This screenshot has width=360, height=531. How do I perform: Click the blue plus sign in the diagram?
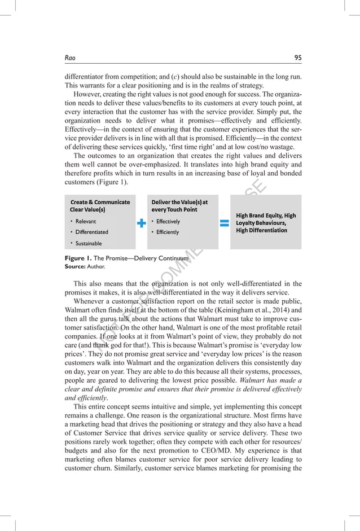142,223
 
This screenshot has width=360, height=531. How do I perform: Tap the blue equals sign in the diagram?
224,223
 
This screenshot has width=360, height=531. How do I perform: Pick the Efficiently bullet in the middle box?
167,232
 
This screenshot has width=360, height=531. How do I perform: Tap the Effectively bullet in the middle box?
168,221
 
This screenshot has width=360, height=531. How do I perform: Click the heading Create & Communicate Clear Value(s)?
99,205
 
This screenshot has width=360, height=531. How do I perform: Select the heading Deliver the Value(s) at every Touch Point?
179,205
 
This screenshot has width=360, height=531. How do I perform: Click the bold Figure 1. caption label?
78,258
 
